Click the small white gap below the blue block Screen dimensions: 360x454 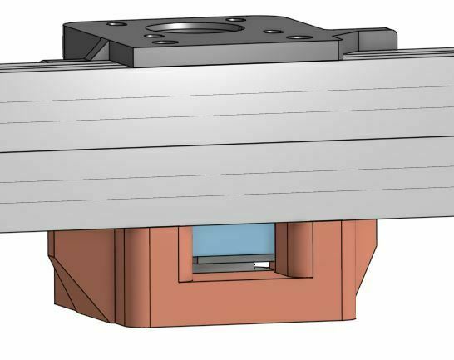(264, 266)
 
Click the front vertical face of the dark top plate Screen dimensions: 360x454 (233, 52)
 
